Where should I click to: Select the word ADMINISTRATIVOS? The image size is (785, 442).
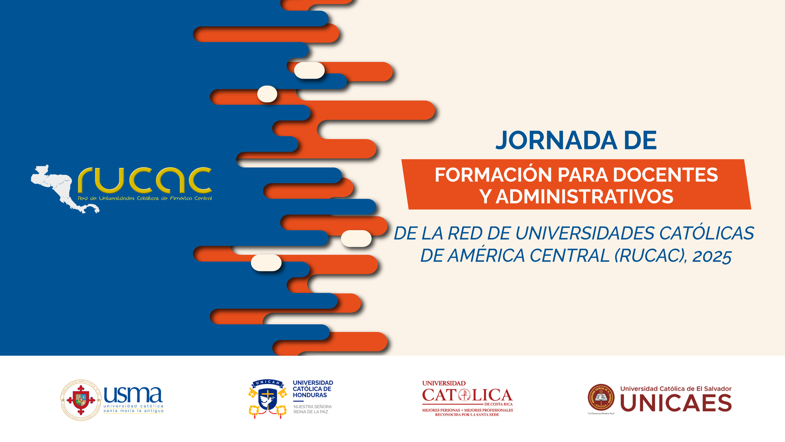tap(584, 196)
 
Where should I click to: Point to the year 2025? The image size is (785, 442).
tap(712, 256)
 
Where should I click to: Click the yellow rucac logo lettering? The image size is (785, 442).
tap(145, 180)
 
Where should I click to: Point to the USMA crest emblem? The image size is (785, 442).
tap(81, 399)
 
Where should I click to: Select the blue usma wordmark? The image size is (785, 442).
tap(133, 395)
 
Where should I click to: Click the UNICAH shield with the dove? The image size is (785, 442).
tap(268, 399)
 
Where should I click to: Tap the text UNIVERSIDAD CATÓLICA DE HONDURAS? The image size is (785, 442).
tap(313, 389)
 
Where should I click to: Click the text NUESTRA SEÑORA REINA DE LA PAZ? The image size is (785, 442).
tap(312, 409)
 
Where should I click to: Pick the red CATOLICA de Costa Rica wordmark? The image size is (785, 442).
tap(467, 395)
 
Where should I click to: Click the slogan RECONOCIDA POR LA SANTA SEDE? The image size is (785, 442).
tap(467, 415)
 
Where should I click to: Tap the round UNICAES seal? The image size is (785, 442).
tap(601, 397)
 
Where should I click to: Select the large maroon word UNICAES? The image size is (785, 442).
tap(676, 403)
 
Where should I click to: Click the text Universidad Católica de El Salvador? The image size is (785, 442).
tap(676, 388)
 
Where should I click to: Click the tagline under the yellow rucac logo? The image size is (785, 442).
tap(145, 198)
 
